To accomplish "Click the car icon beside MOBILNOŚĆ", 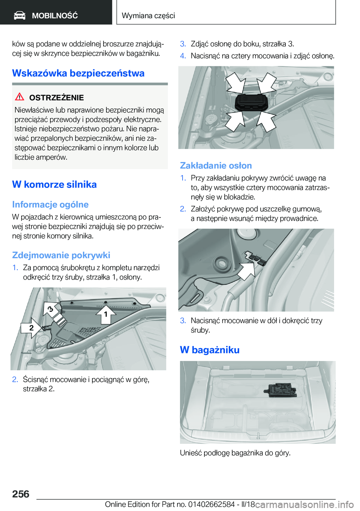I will click(x=19, y=15).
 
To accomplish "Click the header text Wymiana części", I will click(x=148, y=15).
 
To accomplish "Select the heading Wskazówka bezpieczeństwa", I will click(x=78, y=73).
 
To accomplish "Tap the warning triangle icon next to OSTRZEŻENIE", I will click(x=19, y=97).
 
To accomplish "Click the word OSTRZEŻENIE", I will click(x=56, y=98).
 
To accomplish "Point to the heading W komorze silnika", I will click(x=54, y=185).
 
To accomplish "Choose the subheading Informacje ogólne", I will click(x=50, y=204).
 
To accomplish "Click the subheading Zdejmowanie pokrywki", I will click(x=61, y=255).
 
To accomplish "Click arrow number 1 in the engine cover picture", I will click(x=105, y=314).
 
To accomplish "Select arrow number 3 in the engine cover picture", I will click(x=51, y=309).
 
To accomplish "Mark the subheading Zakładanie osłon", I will click(x=216, y=165).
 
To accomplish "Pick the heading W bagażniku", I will click(x=210, y=350).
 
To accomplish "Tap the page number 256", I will click(x=21, y=494).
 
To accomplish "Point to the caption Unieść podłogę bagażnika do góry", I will click(x=235, y=453).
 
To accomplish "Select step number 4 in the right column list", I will click(x=183, y=56).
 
